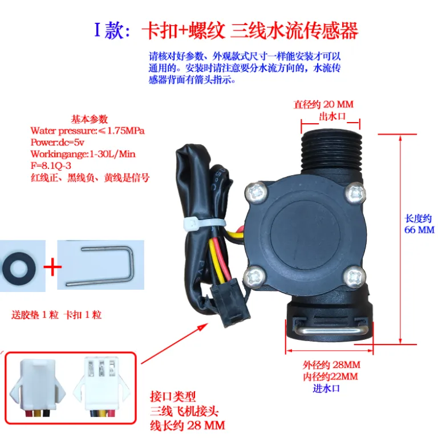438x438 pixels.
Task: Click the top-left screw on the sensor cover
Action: [x=256, y=192]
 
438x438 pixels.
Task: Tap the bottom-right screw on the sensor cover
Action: [x=354, y=277]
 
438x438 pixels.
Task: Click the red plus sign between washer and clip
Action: [x=52, y=267]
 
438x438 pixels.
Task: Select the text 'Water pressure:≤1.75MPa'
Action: [x=87, y=131]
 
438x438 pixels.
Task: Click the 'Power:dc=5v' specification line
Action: [x=57, y=143]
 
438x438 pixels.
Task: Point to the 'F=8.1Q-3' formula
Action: [x=51, y=165]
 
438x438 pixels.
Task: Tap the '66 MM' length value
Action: [x=419, y=230]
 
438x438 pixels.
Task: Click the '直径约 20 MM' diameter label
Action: [x=323, y=104]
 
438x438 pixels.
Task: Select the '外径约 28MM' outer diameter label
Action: [x=331, y=365]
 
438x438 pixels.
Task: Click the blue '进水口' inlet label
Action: [x=326, y=388]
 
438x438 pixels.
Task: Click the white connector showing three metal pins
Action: [x=102, y=385]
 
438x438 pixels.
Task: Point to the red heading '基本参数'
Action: [x=89, y=119]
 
